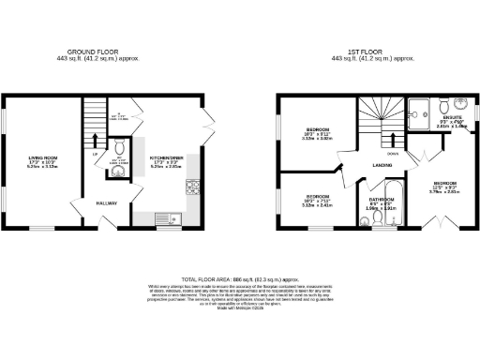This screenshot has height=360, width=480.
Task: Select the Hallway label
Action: coord(105,202)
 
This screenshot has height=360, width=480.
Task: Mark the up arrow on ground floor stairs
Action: coord(95,141)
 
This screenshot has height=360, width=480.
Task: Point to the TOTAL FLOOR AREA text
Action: coord(239,278)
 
